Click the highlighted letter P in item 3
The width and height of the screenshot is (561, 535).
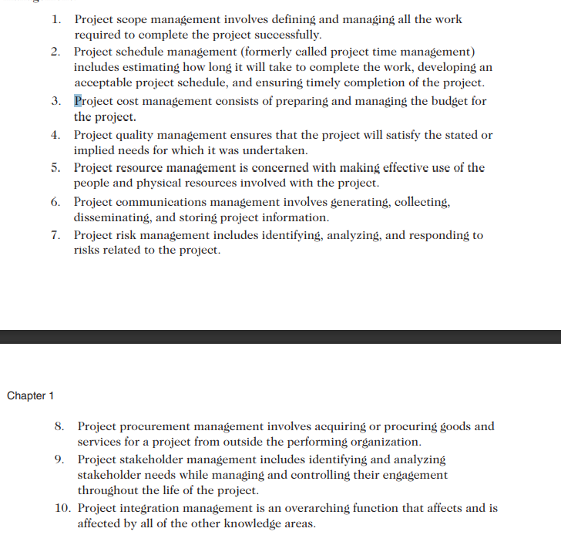78,101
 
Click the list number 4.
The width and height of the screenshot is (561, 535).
56,135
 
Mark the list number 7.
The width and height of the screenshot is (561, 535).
56,235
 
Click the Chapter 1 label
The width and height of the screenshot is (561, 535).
30,396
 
